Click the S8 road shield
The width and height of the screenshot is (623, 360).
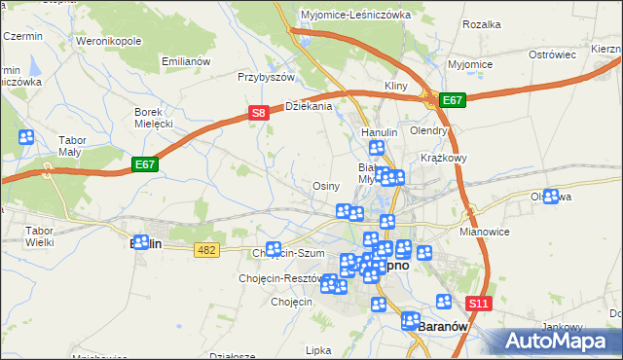point(258,113)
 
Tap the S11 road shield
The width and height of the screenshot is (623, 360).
point(478,305)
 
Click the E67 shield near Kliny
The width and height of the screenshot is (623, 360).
point(452,99)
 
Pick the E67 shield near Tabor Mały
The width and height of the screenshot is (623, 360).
point(145,165)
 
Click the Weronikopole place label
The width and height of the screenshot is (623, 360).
point(109,42)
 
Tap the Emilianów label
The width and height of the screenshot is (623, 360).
point(186,61)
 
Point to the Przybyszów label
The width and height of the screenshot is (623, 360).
point(266,76)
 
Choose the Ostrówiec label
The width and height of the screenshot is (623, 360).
point(553,54)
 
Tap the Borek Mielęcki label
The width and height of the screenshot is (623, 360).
point(153,118)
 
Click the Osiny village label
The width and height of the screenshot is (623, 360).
point(325,186)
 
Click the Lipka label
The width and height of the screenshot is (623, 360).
point(318,349)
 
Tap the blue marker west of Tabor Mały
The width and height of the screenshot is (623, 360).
point(26,137)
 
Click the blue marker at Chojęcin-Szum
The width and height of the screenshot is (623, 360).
point(274,249)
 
